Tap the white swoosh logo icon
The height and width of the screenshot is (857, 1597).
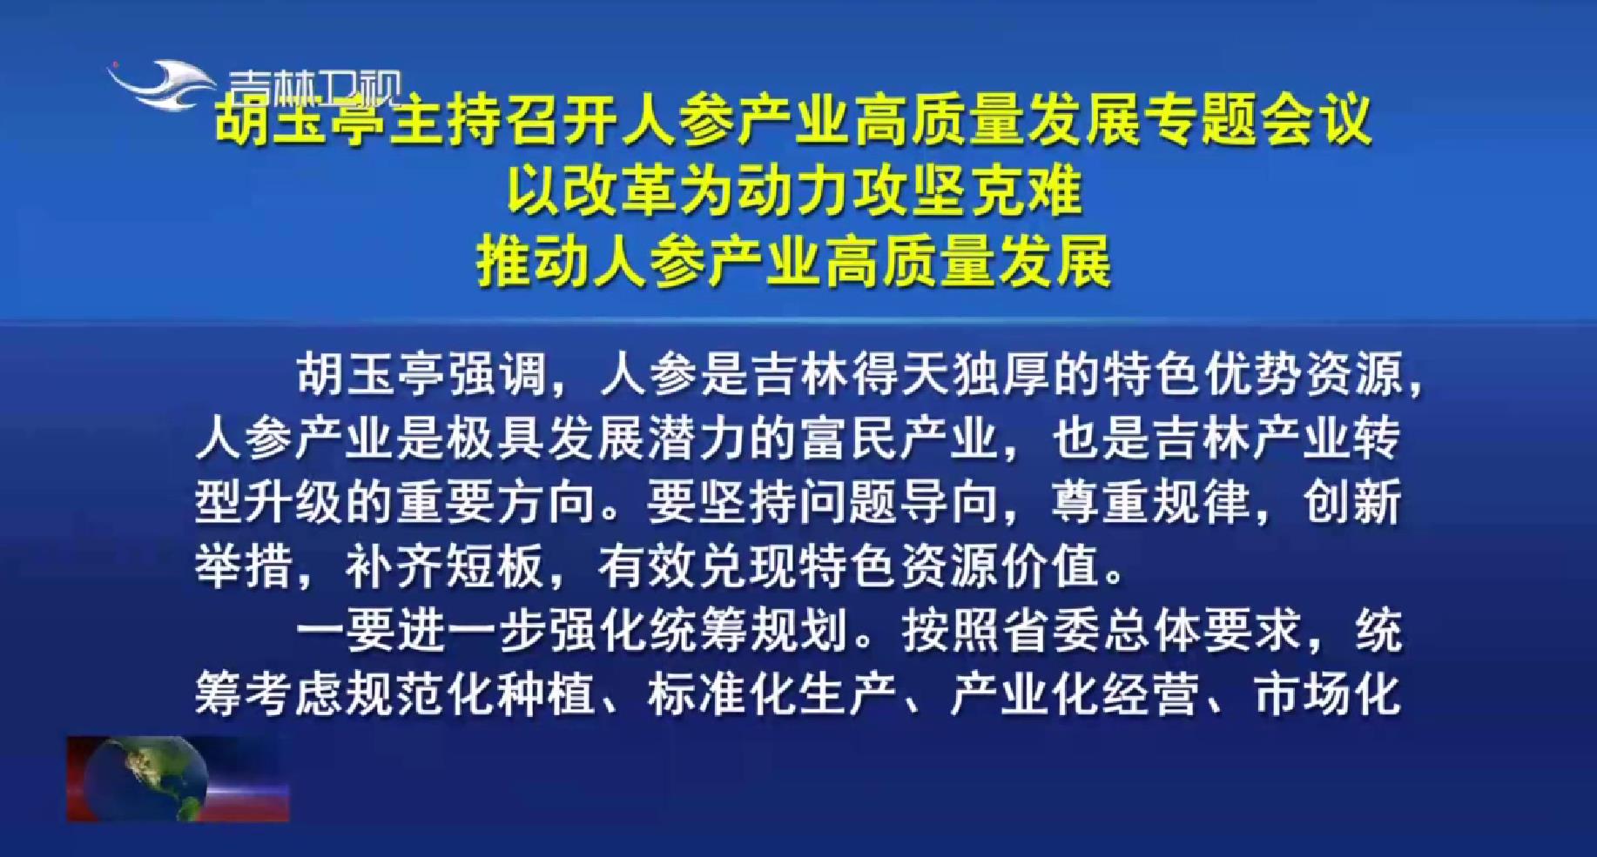click(161, 84)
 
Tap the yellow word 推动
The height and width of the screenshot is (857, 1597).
click(533, 262)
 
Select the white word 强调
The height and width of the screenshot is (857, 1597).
click(499, 376)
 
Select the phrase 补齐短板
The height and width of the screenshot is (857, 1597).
click(447, 568)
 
